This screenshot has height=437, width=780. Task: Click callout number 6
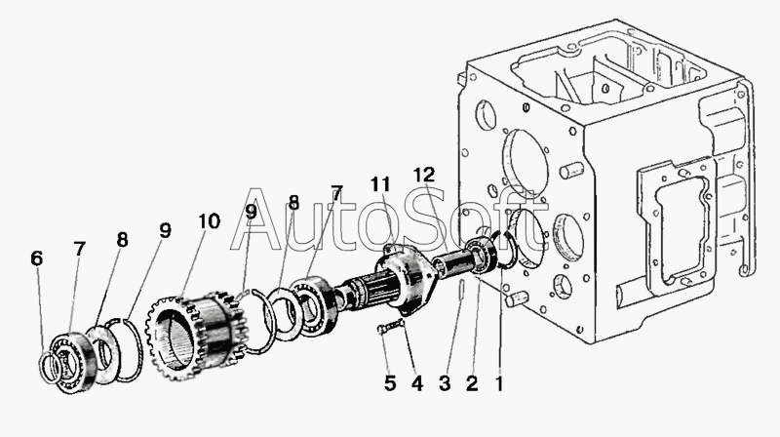(x=36, y=258)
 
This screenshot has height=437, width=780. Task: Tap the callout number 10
(x=209, y=221)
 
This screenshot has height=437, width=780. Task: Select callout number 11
(x=380, y=184)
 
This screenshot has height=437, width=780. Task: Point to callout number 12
(x=424, y=175)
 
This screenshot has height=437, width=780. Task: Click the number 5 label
(x=390, y=383)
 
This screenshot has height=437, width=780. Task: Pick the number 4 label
(x=417, y=383)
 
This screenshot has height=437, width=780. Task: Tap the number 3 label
(x=445, y=383)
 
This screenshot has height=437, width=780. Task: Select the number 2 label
(x=472, y=383)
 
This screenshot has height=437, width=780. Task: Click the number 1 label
(x=499, y=383)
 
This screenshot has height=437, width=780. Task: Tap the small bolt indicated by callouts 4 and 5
(x=392, y=327)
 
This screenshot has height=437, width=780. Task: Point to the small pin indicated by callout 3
(x=461, y=289)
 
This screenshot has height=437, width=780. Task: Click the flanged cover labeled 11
(x=407, y=280)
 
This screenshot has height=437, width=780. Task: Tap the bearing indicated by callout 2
(x=483, y=255)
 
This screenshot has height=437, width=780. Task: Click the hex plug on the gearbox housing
(x=562, y=287)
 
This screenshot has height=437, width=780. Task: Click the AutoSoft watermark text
(x=389, y=220)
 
